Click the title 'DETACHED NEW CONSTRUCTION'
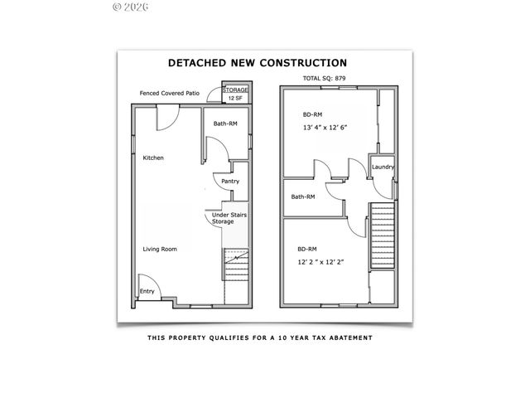click(258, 62)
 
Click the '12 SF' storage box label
click(234, 98)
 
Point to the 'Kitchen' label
click(154, 158)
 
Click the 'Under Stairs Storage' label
click(229, 218)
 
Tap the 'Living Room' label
click(160, 249)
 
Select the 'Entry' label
click(147, 291)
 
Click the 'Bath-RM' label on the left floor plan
click(225, 124)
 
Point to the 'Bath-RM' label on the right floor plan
click(302, 197)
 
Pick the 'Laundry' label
click(383, 167)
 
